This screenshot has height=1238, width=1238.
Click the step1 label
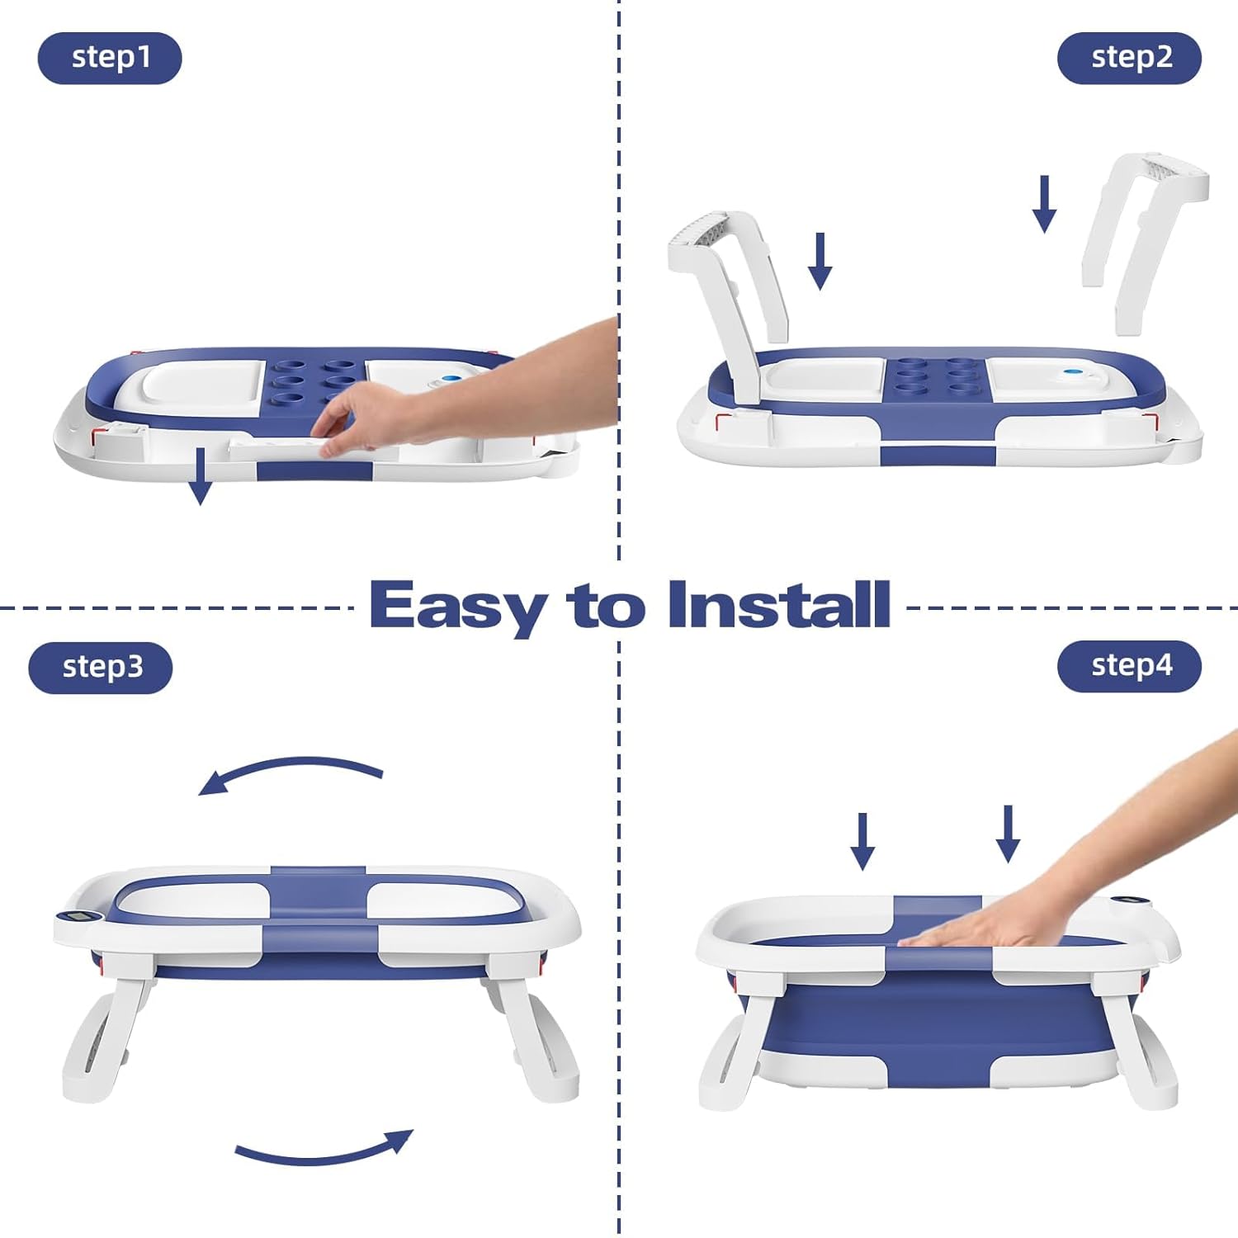point(110,58)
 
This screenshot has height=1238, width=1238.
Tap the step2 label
point(1129,58)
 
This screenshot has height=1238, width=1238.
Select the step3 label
point(101,667)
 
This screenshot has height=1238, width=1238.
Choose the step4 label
point(1129,665)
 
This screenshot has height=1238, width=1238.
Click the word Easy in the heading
point(457,607)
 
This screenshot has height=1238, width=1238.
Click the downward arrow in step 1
point(200,476)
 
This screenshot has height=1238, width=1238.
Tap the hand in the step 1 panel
point(462,388)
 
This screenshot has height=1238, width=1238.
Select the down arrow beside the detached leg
point(1044,204)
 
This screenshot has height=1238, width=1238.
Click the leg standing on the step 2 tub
point(726,305)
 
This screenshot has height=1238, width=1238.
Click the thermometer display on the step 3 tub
point(77,916)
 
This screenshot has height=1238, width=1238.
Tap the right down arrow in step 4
point(1008,834)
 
